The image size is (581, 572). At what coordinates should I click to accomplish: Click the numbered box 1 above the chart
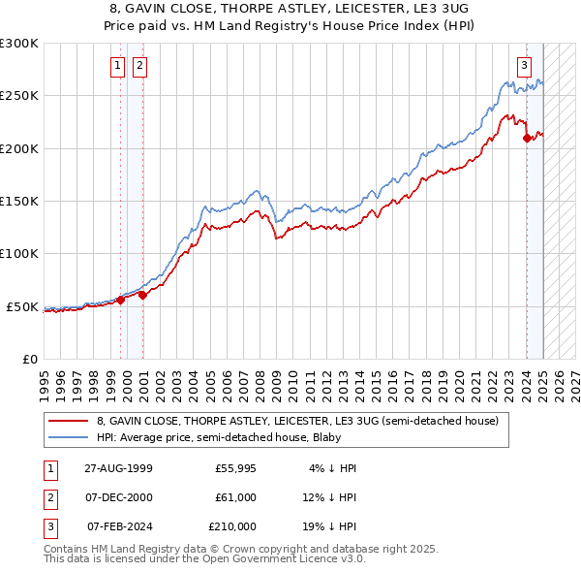coord(117,66)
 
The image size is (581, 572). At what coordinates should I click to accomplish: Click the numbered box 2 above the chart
coord(139,66)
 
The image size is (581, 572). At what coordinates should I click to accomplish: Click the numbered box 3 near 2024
coord(524,66)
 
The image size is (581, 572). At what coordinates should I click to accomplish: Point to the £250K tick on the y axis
coord(19,96)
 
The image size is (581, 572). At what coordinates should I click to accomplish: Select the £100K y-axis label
coord(19,254)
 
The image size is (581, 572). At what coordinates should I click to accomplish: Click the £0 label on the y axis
coord(29,359)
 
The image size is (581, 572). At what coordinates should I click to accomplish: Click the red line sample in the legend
coord(68,422)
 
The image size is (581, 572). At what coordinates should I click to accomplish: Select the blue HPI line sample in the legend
coord(68,437)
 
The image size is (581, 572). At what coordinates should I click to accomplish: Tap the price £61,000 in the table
coord(235,497)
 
